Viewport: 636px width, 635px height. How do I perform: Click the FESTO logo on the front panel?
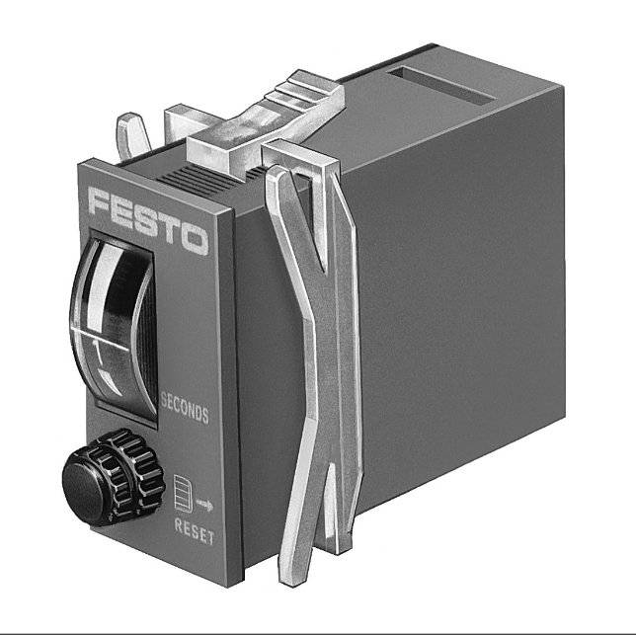point(148,221)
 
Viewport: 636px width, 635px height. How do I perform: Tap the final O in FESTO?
point(195,239)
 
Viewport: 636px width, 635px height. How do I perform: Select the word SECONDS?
point(185,408)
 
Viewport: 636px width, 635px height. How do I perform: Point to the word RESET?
point(194,530)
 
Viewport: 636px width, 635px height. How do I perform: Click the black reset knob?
point(114,478)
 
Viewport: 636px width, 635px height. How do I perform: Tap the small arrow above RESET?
point(204,505)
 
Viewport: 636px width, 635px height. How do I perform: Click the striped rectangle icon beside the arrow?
point(183,493)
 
